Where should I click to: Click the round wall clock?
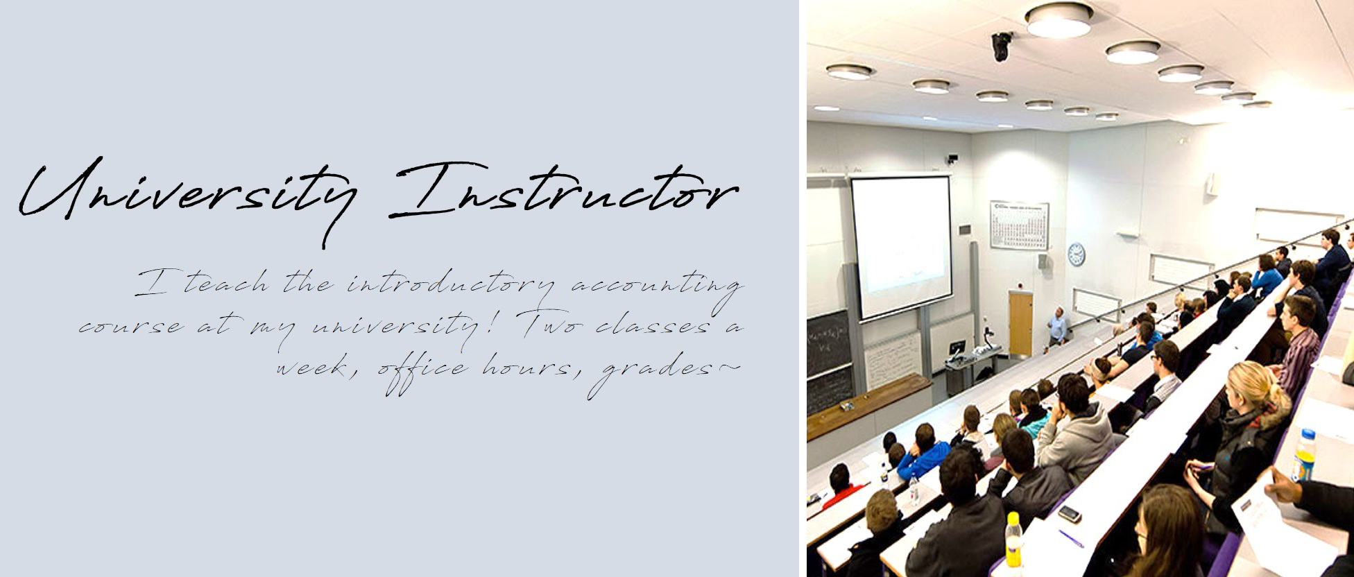click(x=1076, y=255)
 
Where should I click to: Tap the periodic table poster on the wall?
click(x=1019, y=225)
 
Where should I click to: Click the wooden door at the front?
click(x=1020, y=324)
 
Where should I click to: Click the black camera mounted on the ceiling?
click(x=1001, y=46)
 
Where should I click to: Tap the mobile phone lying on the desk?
click(x=1069, y=514)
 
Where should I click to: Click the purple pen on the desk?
click(x=1071, y=539)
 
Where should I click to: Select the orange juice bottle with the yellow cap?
click(x=1013, y=540)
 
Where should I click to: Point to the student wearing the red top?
click(x=841, y=486)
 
